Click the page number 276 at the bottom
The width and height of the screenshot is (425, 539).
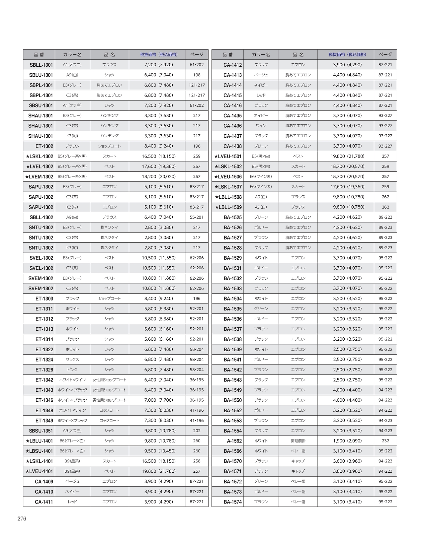click(x=22, y=519)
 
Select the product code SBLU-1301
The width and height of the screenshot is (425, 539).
click(x=41, y=75)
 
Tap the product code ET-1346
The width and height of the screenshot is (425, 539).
click(x=44, y=400)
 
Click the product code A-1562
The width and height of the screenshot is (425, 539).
click(x=234, y=441)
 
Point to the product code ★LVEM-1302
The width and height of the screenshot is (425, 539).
click(x=39, y=177)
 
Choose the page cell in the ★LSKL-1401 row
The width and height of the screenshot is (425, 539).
click(x=197, y=461)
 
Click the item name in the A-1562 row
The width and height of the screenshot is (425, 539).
click(x=298, y=441)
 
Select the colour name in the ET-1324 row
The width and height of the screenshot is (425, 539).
click(x=72, y=360)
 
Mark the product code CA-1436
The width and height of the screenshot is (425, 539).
click(x=232, y=126)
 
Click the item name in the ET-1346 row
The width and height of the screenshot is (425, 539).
click(x=109, y=400)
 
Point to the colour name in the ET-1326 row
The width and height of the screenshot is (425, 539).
click(x=72, y=370)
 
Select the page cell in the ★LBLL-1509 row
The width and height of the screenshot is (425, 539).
click(x=385, y=207)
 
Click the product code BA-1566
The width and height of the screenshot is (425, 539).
click(x=232, y=451)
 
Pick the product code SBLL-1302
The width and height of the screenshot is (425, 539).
click(x=41, y=217)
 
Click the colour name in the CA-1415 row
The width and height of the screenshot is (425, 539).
click(x=261, y=95)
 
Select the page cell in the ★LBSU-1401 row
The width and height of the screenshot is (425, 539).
click(x=197, y=451)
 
